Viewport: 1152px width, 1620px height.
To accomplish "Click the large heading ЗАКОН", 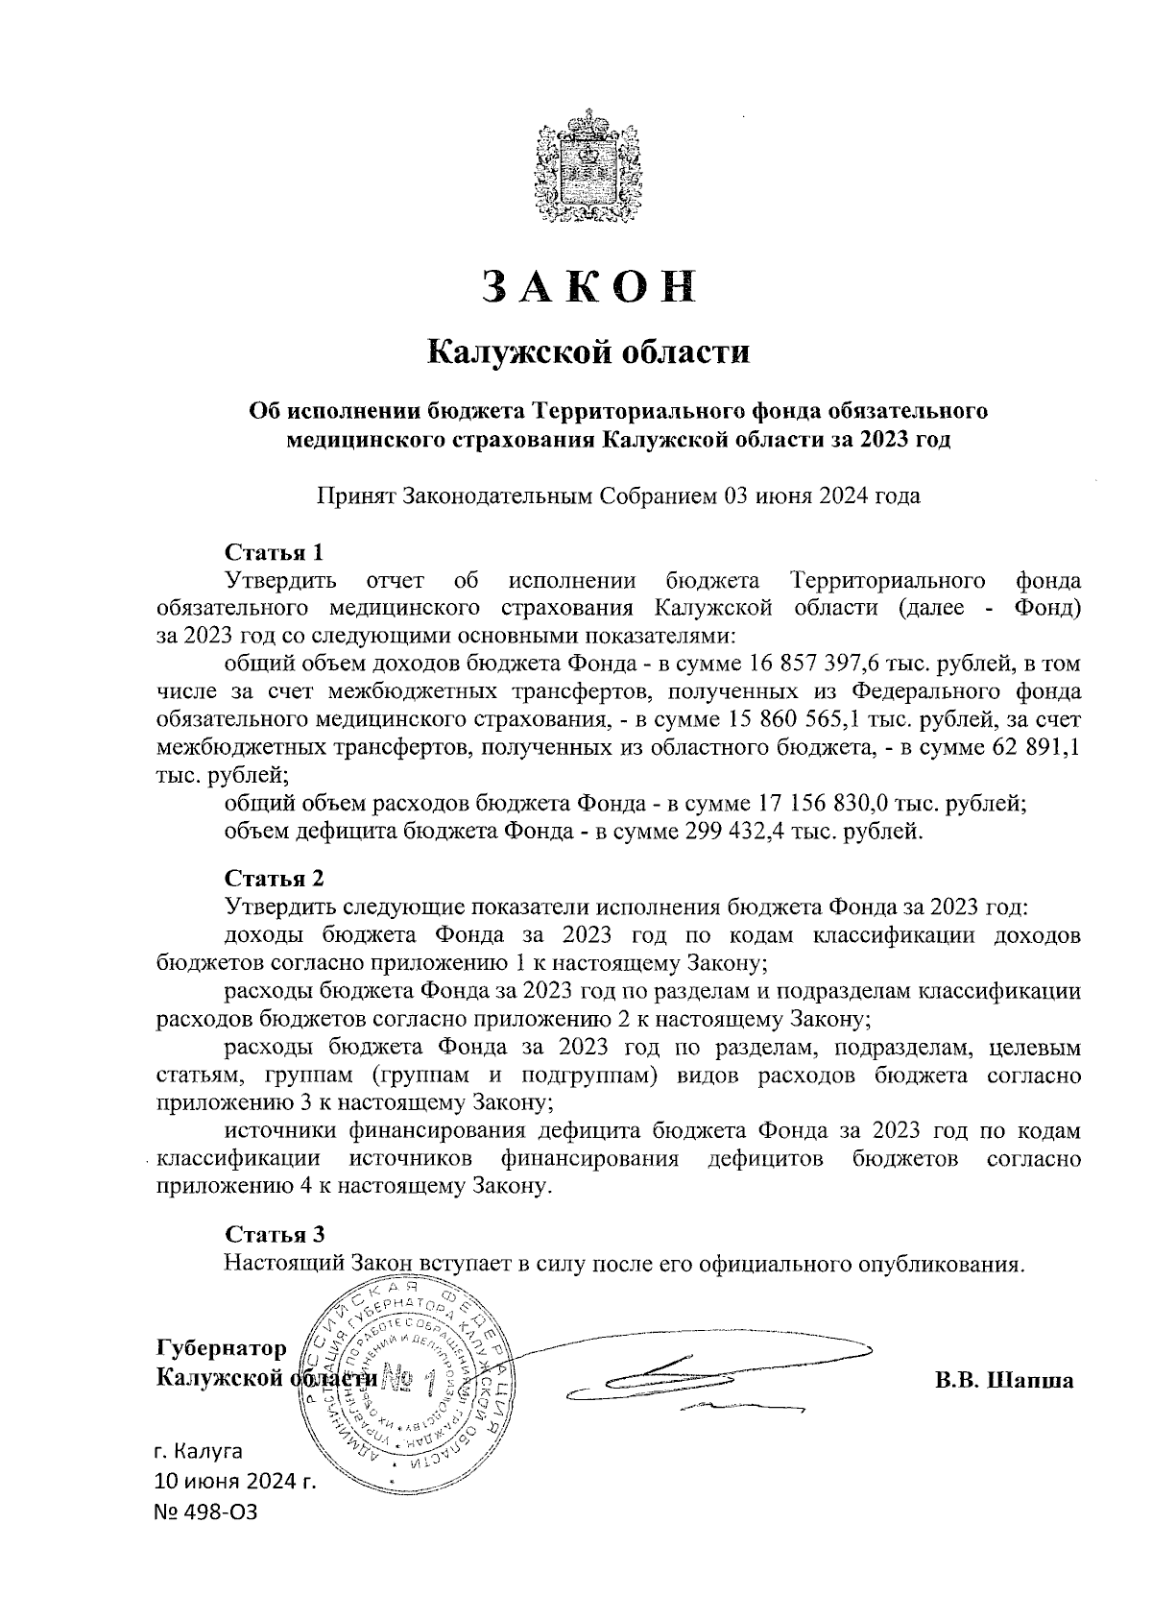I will tap(587, 286).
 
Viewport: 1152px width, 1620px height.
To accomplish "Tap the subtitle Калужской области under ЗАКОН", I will tap(587, 351).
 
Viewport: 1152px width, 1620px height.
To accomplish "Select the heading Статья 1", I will tap(275, 552).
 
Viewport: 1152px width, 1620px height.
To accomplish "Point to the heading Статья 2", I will tap(275, 879).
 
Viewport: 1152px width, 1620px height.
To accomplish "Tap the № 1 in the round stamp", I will tap(410, 1380).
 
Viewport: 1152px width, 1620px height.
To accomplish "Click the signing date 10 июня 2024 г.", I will tap(235, 1482).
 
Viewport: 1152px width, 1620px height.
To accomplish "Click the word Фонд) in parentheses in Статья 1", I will tap(1048, 608).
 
